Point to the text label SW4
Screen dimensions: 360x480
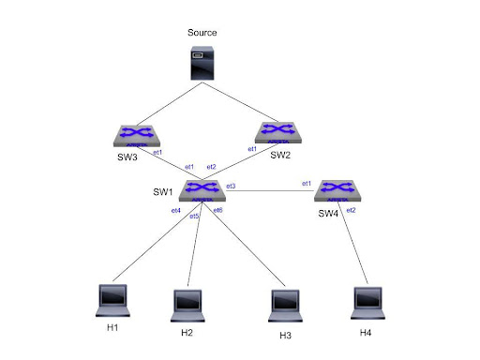pos(328,214)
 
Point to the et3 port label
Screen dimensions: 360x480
pos(231,187)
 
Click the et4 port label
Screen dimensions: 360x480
pos(175,211)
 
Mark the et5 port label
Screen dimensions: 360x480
pos(194,217)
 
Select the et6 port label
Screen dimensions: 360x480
pos(217,210)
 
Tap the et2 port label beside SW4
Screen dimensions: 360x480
pos(351,210)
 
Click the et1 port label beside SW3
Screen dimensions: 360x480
pos(157,152)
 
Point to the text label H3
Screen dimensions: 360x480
pos(286,335)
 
